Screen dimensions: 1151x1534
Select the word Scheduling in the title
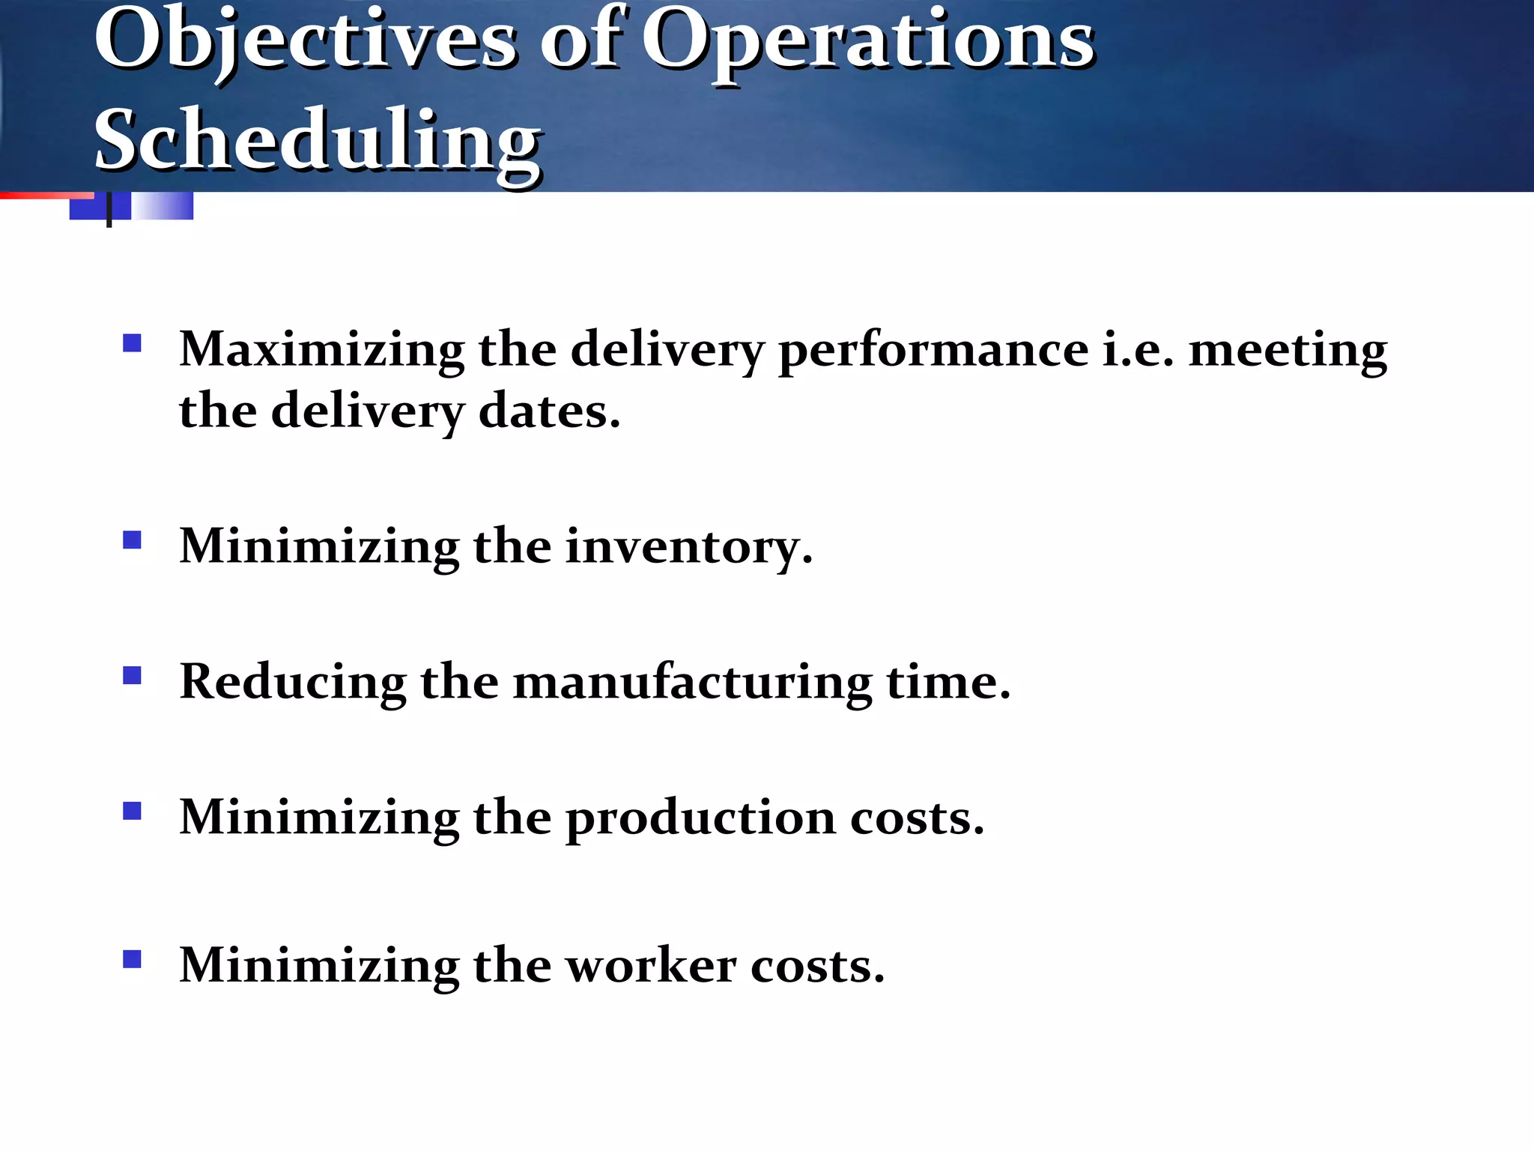point(318,140)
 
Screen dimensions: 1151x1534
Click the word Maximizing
point(321,350)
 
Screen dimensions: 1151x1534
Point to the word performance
point(933,350)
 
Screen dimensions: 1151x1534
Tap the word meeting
point(1288,350)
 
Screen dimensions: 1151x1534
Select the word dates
point(549,411)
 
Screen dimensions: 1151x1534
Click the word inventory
point(688,546)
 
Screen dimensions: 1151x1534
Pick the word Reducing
point(293,682)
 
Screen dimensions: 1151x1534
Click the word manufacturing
point(692,682)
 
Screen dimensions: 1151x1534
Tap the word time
point(948,682)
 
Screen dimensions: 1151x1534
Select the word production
point(700,818)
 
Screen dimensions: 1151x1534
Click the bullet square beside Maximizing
point(133,343)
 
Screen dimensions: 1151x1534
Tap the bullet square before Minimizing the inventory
point(133,540)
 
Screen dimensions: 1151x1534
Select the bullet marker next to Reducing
point(133,675)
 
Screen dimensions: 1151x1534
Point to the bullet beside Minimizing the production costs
point(133,811)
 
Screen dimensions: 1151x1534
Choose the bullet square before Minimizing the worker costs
point(133,958)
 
